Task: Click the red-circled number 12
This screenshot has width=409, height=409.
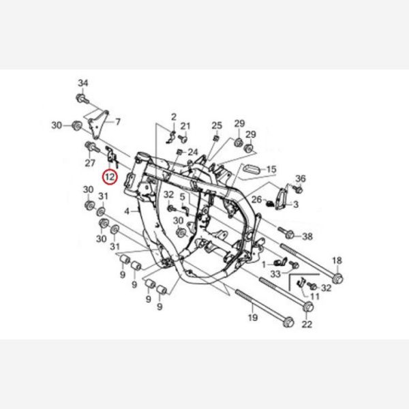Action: pos(110,177)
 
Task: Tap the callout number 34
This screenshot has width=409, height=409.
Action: pos(83,83)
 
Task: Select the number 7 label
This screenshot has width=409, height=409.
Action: pos(118,122)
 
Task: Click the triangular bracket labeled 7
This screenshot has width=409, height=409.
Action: pos(98,125)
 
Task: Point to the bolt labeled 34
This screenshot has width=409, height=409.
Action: pos(82,99)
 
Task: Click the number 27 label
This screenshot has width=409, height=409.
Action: pos(90,163)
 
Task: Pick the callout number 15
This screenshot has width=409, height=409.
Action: pos(271,169)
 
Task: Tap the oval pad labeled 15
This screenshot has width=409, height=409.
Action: pos(252,169)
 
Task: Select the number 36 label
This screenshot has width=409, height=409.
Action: pos(301,179)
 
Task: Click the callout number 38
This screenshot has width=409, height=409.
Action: pos(307,237)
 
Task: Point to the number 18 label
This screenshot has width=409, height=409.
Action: pos(337,260)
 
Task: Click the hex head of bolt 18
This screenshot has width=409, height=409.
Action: pos(338,279)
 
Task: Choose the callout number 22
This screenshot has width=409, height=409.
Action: pos(307,324)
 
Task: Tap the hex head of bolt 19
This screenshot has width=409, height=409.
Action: pos(289,322)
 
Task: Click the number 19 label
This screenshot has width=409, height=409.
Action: pos(252,318)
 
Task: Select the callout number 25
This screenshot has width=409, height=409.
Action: pos(217,125)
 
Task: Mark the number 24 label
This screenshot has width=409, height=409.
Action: pos(193,152)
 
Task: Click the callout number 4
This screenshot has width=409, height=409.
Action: pos(127,211)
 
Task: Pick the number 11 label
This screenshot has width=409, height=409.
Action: pos(314,297)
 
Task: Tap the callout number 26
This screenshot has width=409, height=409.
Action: pos(256,200)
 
